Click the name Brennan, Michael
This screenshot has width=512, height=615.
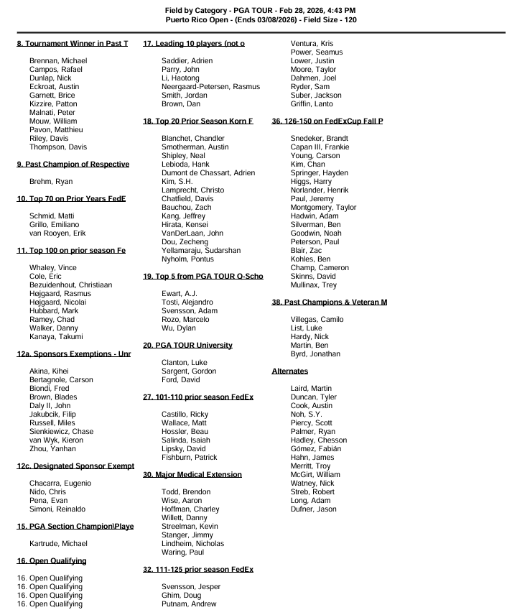(x=55, y=61)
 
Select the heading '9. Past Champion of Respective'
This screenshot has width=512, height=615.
(x=73, y=165)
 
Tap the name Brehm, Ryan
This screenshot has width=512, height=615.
(x=47, y=182)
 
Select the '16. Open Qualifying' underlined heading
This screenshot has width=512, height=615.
(x=51, y=561)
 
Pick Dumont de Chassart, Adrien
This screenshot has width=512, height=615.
(x=208, y=173)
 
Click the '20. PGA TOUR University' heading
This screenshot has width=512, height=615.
(x=188, y=346)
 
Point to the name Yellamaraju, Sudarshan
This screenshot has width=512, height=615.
(x=201, y=251)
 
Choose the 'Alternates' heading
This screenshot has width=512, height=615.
(x=290, y=371)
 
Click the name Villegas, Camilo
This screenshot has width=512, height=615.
(x=317, y=320)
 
